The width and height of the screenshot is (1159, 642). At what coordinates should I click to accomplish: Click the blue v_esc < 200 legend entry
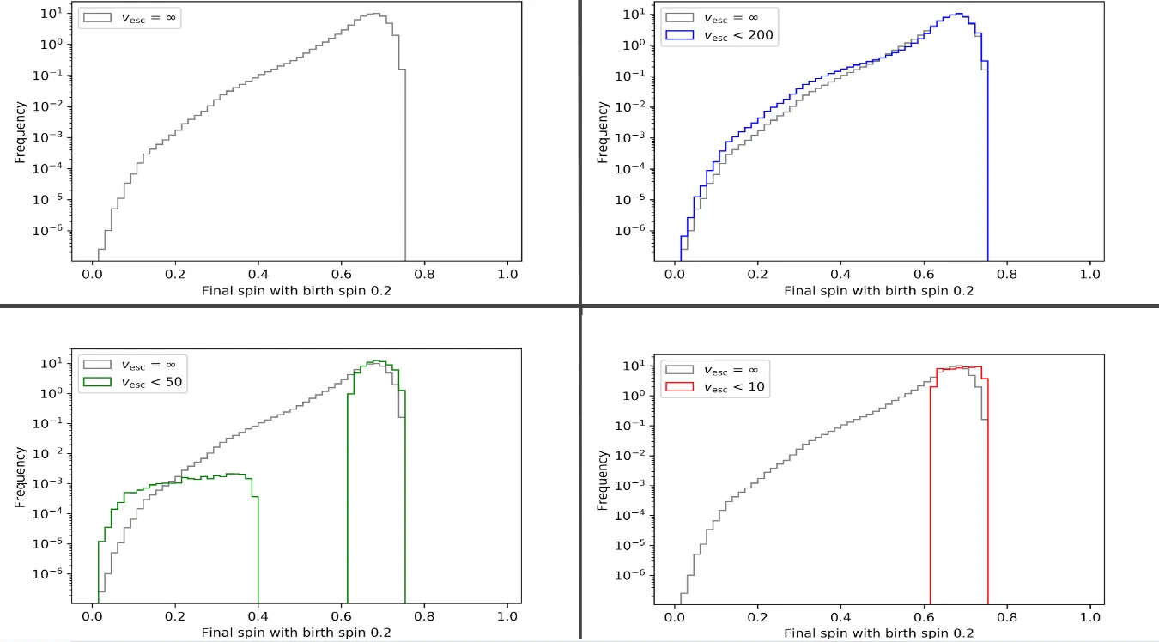coord(719,37)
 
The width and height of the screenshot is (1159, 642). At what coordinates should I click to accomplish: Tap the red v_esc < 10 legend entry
coord(719,387)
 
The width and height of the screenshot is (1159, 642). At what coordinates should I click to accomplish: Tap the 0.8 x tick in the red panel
coord(1007,615)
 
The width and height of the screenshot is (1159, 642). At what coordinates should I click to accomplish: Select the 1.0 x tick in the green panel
coord(507,615)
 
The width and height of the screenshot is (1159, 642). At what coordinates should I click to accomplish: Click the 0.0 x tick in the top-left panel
coord(92,275)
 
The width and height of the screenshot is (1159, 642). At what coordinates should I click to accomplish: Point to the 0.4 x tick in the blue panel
coord(840,275)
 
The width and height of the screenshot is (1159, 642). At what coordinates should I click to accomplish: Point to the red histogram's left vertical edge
coord(931,489)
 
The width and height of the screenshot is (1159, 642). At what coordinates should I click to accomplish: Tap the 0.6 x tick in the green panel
coord(341,615)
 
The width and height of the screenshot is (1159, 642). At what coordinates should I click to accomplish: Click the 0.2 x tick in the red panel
coord(757,615)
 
